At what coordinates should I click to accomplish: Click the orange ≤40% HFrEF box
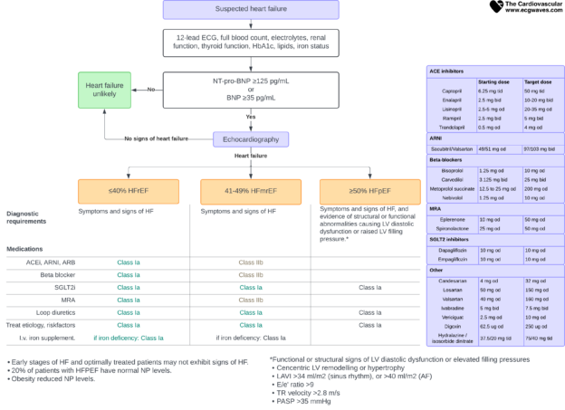coord(129,191)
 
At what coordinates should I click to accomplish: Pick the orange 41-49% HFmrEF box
coord(252,191)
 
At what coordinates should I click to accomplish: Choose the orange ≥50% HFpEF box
coord(369,191)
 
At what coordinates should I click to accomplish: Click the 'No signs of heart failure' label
coord(156,138)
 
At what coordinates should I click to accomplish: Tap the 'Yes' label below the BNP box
coord(251,116)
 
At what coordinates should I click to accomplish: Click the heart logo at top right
coord(495,7)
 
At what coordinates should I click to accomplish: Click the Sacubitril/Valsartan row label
coord(450,148)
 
